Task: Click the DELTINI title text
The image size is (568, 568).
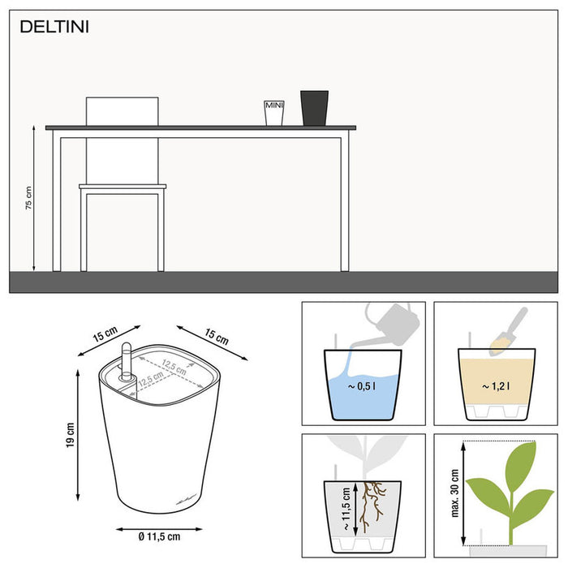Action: (x=55, y=27)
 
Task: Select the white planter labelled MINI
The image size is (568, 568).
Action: (x=273, y=113)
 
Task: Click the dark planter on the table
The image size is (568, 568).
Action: (x=314, y=108)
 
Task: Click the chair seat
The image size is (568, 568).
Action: (x=123, y=187)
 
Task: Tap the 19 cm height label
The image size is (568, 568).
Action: (x=71, y=436)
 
